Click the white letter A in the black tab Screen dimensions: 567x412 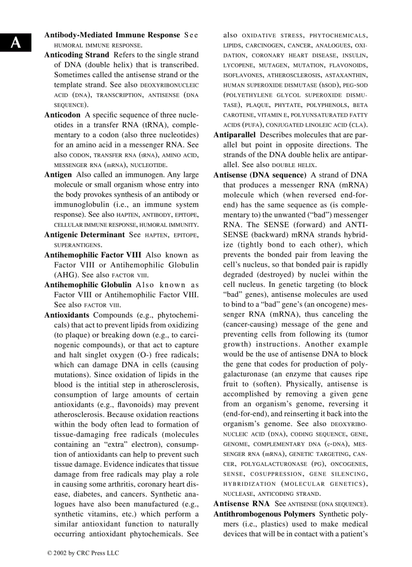pos(16,43)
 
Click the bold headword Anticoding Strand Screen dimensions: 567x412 pos(76,55)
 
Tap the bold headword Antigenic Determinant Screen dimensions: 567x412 pos(84,235)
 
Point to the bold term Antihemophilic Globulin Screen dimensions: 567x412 pos(88,285)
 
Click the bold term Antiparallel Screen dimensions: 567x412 pos(234,135)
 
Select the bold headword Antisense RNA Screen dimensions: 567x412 pos(241,504)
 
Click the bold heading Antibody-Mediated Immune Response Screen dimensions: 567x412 pos(112,35)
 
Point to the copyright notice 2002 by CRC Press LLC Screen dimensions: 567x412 pos(83,553)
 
